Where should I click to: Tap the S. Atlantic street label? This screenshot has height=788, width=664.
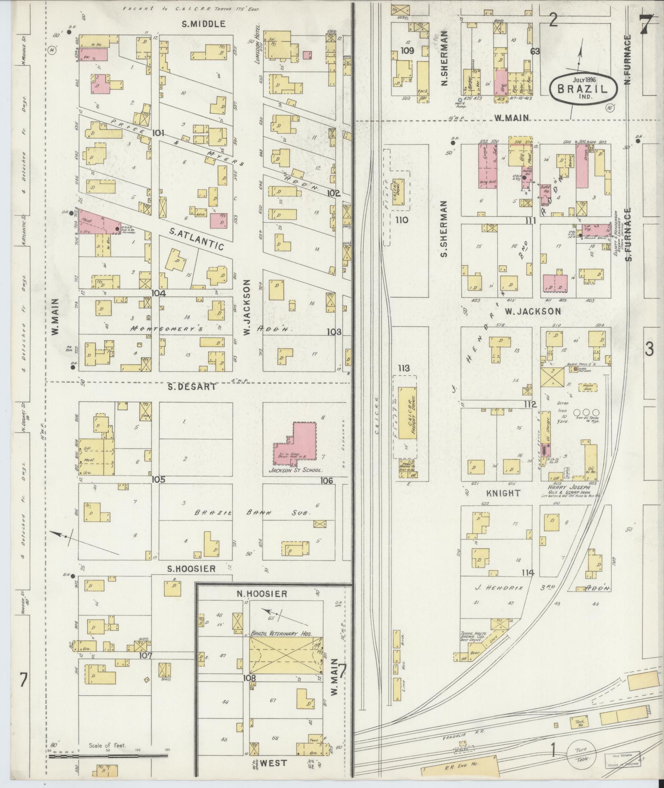click(196, 240)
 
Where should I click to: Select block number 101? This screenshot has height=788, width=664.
click(158, 133)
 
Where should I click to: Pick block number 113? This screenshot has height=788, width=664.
click(404, 369)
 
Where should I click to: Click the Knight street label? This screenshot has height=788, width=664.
click(503, 493)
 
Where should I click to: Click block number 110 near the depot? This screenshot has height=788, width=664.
click(401, 220)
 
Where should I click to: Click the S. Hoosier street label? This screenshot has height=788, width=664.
click(191, 569)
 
